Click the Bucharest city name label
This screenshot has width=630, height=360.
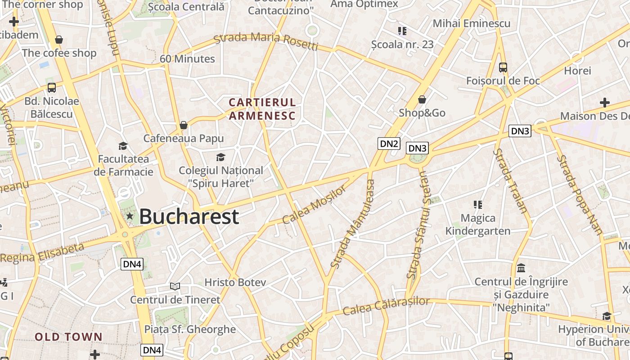(189, 216)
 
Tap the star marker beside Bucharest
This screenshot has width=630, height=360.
(130, 216)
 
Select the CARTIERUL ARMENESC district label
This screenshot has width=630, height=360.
(262, 109)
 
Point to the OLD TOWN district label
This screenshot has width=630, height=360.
(69, 337)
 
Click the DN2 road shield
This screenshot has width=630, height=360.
(389, 144)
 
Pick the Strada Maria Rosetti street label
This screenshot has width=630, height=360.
(266, 40)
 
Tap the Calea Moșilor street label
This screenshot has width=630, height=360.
(315, 204)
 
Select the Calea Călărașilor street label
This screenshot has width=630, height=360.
(386, 306)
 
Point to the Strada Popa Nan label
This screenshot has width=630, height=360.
(580, 195)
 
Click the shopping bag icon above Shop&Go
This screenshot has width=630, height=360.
(422, 99)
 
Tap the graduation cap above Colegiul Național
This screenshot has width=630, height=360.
(220, 157)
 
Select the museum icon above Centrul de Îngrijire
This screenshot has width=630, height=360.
(521, 268)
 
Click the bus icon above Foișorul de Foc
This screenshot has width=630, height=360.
(503, 67)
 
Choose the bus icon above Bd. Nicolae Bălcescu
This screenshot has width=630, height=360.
(52, 88)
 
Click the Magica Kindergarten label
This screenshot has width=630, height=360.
(478, 225)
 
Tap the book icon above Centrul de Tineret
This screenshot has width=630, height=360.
(175, 286)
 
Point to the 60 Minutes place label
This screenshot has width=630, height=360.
(187, 59)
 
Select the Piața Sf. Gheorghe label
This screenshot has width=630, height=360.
(190, 329)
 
